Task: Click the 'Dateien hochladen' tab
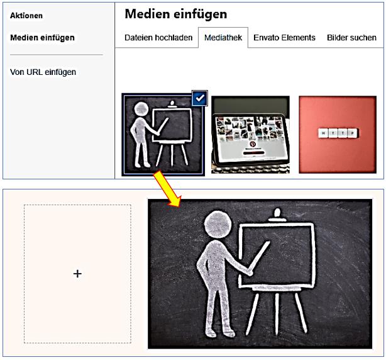[158, 38]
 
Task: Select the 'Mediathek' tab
[223, 38]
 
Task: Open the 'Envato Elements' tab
[284, 38]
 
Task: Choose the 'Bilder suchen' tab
[351, 38]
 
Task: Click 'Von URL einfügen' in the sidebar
[43, 72]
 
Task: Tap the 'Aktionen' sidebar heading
[26, 16]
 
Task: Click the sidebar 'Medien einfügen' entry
[42, 38]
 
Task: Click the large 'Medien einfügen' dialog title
[176, 14]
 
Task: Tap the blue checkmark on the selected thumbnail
[200, 98]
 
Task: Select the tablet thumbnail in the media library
[250, 135]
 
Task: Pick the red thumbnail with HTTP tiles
[338, 135]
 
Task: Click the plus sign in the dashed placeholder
[77, 274]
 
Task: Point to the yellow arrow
[167, 189]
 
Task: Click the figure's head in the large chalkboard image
[218, 225]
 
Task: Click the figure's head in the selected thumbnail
[141, 109]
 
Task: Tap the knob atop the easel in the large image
[277, 212]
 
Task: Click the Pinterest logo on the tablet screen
[252, 144]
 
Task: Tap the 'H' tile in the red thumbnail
[323, 133]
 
